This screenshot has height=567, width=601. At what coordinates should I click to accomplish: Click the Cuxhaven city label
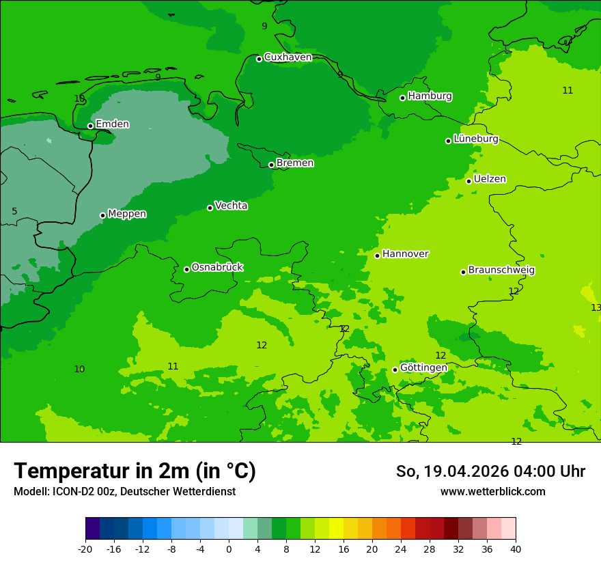coord(288,57)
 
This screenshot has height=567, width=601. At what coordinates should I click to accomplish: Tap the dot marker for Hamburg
coord(403,98)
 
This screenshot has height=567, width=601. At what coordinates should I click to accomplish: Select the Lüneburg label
coord(475,139)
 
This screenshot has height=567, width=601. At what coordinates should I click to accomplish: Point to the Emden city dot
coord(90,126)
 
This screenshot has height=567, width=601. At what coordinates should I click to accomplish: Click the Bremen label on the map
coord(295,163)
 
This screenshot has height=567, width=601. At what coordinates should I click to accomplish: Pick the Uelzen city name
coord(490,179)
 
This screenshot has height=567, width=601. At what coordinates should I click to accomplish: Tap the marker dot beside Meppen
coord(102,215)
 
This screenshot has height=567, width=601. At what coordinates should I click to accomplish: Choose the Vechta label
coord(231,206)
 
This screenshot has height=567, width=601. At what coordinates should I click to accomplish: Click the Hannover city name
coord(405,254)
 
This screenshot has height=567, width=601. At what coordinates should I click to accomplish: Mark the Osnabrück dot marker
coord(186,269)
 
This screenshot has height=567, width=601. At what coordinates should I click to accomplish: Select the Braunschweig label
coord(501,271)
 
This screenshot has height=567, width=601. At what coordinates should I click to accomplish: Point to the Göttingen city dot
coord(395,370)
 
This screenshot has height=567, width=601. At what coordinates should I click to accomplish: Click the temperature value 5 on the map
coord(14,212)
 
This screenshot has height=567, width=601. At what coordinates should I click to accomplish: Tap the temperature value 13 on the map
coord(596,307)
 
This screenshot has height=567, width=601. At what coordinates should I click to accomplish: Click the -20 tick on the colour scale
coord(85,549)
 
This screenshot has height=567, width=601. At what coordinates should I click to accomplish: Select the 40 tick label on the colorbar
coord(516,549)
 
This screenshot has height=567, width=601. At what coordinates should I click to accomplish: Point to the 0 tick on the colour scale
coord(229,549)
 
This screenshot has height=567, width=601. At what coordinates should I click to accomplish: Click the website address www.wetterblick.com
coord(492,492)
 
